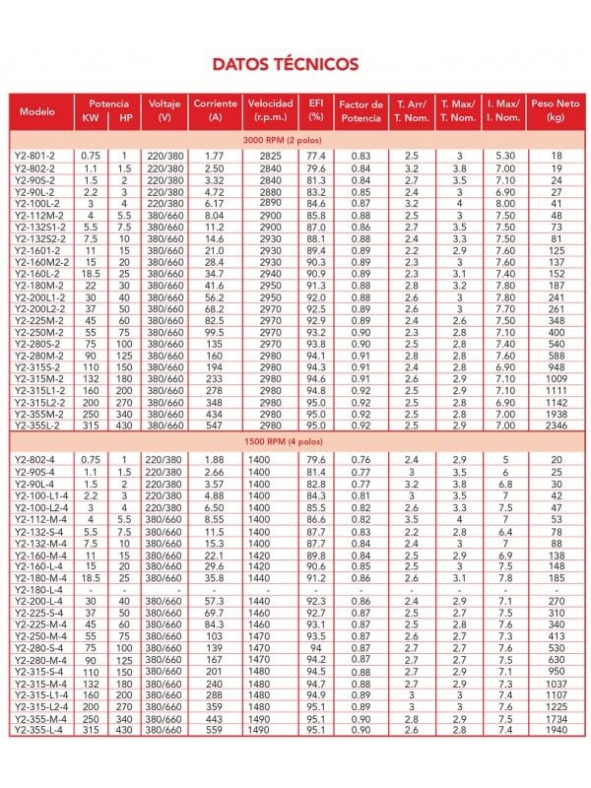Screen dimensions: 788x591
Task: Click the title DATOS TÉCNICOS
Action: click(x=286, y=65)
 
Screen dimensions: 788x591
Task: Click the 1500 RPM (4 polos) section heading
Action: click(x=295, y=441)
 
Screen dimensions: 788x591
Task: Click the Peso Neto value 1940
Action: click(x=557, y=730)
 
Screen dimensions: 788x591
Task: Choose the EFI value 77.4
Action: click(x=316, y=157)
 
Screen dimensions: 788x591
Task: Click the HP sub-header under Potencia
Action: click(x=125, y=117)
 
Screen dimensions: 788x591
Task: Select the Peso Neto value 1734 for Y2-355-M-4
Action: click(x=557, y=719)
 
